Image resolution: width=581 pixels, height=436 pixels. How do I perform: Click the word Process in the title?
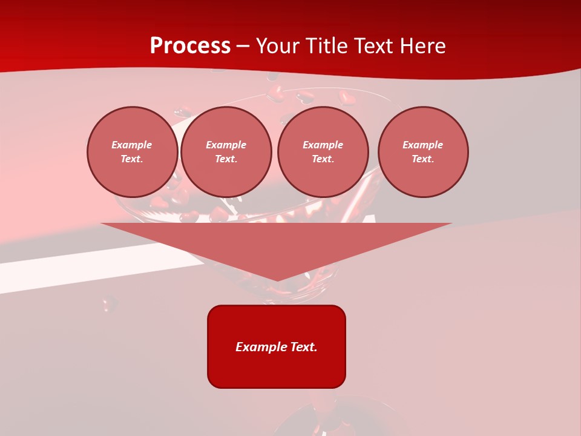coord(190,46)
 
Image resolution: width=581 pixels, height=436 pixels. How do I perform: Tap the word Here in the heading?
coord(423,46)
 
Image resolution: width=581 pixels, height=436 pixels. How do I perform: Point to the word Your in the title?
coord(278,46)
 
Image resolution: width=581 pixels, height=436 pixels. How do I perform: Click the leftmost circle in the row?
coord(132,152)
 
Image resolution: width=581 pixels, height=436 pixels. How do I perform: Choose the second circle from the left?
coord(226,152)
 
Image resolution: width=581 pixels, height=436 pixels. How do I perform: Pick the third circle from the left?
coord(323,152)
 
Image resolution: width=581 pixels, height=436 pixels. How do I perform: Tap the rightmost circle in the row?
coord(422,152)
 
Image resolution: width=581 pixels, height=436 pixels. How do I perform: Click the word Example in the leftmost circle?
coord(132,145)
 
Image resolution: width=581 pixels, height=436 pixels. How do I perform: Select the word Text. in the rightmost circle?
coord(422,159)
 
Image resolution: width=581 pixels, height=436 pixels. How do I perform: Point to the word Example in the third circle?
coord(323,145)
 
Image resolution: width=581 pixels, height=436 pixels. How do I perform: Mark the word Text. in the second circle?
coord(226,159)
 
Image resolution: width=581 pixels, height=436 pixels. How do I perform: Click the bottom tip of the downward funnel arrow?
coord(277,280)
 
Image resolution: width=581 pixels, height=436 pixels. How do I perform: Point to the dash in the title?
coord(243,47)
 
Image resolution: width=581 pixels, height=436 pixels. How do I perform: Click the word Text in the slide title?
coord(375,46)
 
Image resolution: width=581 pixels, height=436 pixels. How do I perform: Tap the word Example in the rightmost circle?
coord(422,145)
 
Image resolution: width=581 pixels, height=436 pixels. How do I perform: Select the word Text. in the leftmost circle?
coord(132,159)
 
